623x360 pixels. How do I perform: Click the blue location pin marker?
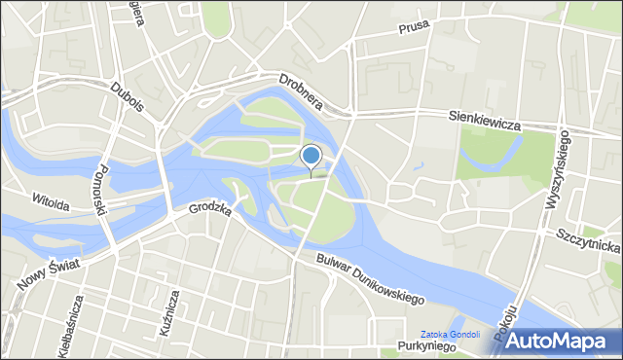pyautogui.click(x=311, y=157)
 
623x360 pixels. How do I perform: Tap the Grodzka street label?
pyautogui.click(x=209, y=208)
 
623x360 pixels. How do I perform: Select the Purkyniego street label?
pyautogui.click(x=427, y=348)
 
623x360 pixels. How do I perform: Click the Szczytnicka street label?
pyautogui.click(x=590, y=238)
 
